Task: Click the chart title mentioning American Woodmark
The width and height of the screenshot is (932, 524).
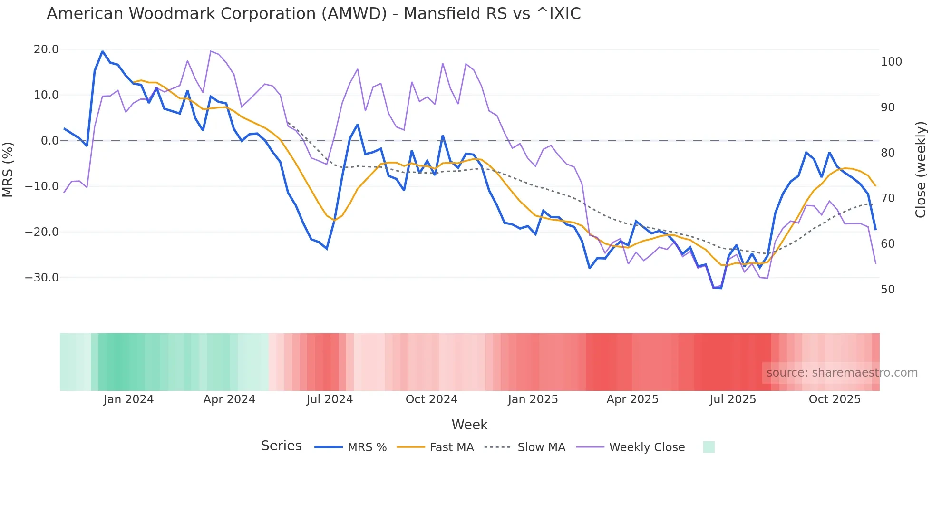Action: [x=313, y=14]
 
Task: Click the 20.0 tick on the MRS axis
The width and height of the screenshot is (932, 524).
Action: [x=46, y=49]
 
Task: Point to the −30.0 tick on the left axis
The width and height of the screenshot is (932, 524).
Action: [x=42, y=278]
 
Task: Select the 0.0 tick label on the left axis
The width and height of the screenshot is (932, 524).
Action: [x=49, y=141]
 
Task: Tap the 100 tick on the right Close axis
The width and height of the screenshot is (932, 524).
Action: [x=891, y=62]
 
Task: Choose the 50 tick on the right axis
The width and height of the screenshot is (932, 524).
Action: [x=888, y=290]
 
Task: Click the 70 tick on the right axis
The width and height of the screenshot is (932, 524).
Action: [x=888, y=198]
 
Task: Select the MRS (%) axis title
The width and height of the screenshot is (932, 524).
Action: [x=8, y=169]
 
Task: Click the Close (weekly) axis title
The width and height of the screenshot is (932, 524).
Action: [x=921, y=170]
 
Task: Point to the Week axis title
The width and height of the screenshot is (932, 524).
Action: [x=469, y=425]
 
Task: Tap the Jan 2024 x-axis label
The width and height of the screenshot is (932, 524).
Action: [x=128, y=399]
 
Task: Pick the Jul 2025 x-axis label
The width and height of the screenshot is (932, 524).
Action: [x=733, y=399]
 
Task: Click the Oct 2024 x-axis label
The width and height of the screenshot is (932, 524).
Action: [x=431, y=399]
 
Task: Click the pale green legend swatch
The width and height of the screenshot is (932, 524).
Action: [x=709, y=447]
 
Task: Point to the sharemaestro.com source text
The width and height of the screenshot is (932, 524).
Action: [x=842, y=373]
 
